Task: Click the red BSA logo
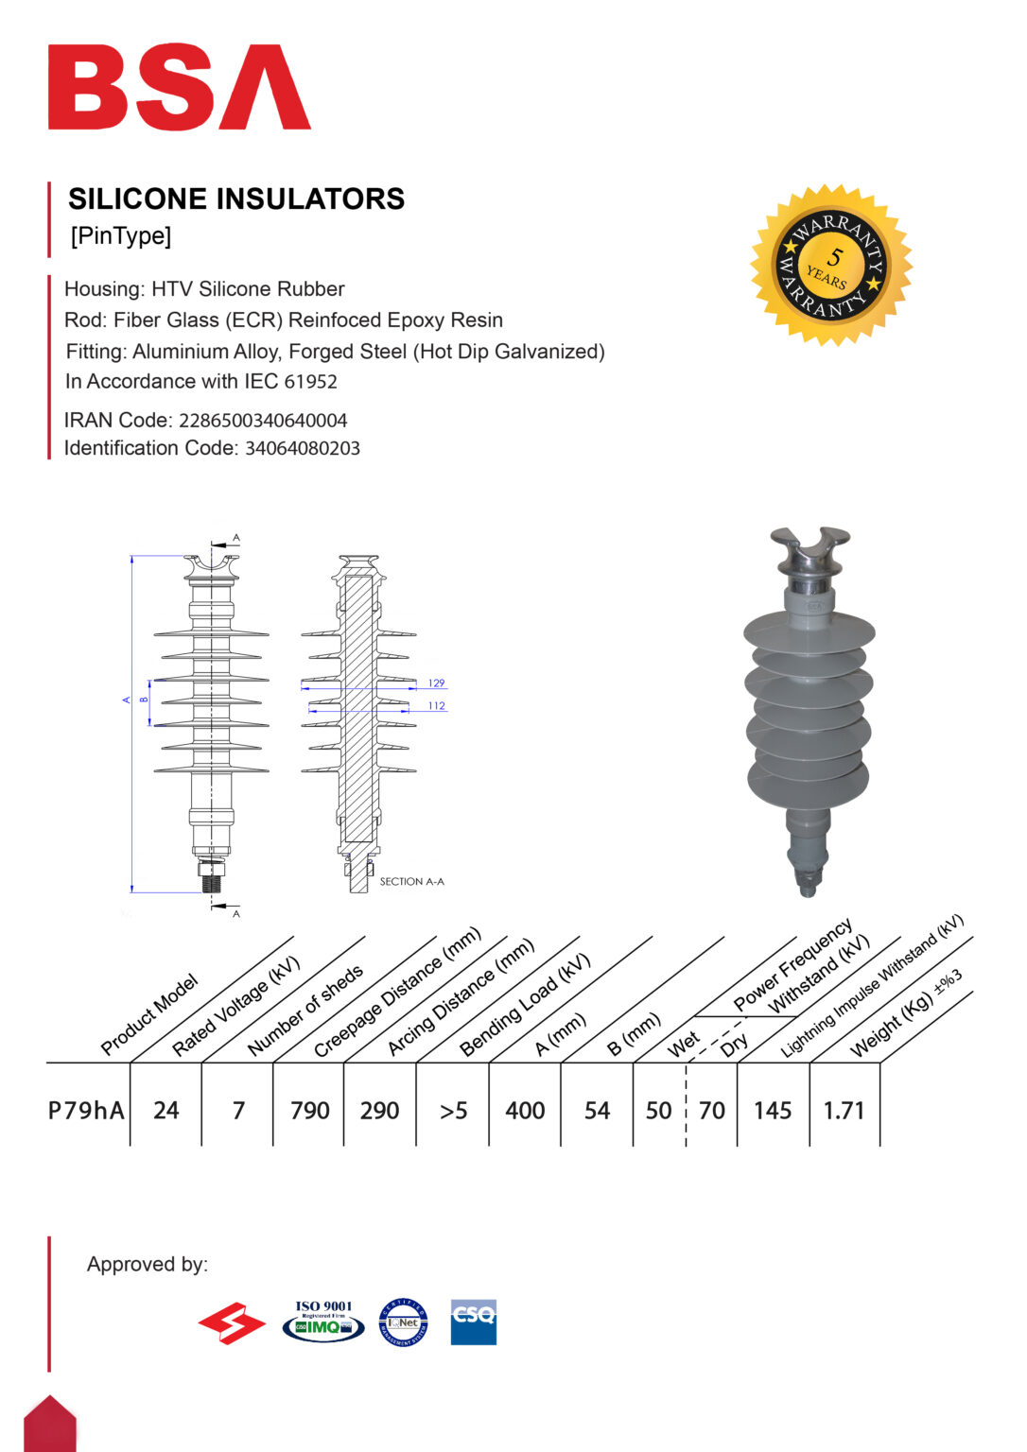pyautogui.click(x=179, y=87)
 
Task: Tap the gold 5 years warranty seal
pyautogui.click(x=831, y=265)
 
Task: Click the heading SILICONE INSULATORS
pyautogui.click(x=236, y=199)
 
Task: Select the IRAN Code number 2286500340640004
pyautogui.click(x=263, y=421)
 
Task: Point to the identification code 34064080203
pyautogui.click(x=303, y=448)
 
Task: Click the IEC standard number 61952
pyautogui.click(x=310, y=382)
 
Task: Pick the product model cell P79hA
pyautogui.click(x=86, y=1110)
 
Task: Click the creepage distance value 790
pyautogui.click(x=309, y=1110)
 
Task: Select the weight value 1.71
pyautogui.click(x=844, y=1110)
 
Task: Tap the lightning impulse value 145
pyautogui.click(x=772, y=1110)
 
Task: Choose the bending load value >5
pyautogui.click(x=453, y=1110)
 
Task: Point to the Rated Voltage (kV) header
pyautogui.click(x=235, y=1006)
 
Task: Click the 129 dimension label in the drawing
pyautogui.click(x=436, y=683)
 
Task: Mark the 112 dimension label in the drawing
pyautogui.click(x=436, y=705)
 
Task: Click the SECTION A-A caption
pyautogui.click(x=411, y=881)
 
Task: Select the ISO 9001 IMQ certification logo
pyautogui.click(x=323, y=1321)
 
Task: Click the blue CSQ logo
pyautogui.click(x=473, y=1321)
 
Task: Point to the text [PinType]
pyautogui.click(x=121, y=235)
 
